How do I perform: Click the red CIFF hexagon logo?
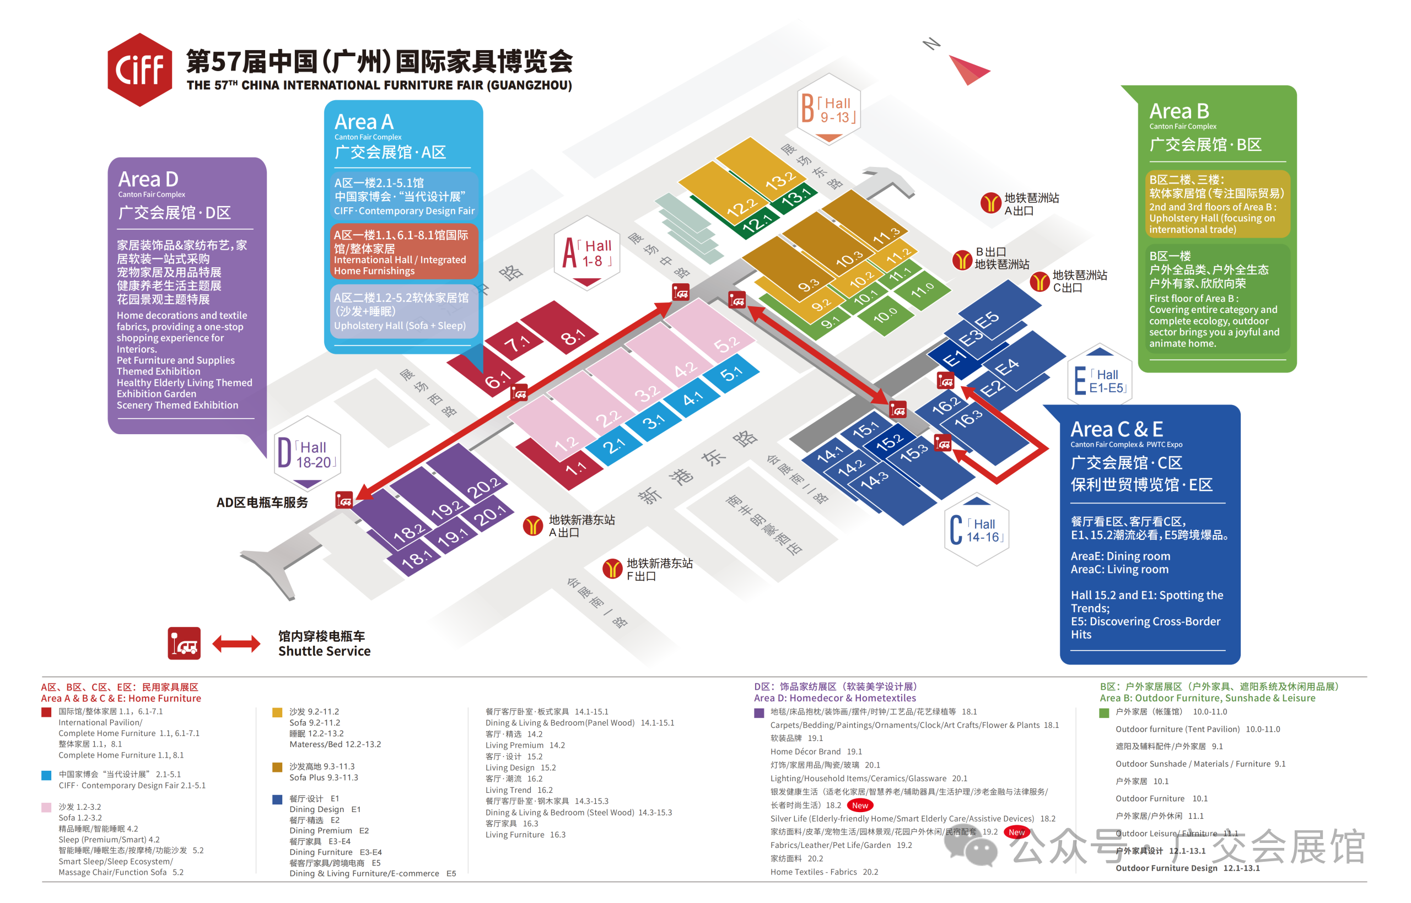(x=139, y=70)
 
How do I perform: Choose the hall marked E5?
(x=997, y=311)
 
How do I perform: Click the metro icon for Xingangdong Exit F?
(x=612, y=568)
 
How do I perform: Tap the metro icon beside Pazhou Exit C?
(x=1039, y=282)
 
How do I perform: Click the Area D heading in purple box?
(x=148, y=179)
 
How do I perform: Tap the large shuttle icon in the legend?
(x=184, y=644)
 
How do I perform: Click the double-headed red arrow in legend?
(x=236, y=644)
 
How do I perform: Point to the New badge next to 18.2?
(x=860, y=805)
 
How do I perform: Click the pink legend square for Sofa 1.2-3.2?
(x=46, y=807)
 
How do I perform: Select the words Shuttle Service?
(x=324, y=651)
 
